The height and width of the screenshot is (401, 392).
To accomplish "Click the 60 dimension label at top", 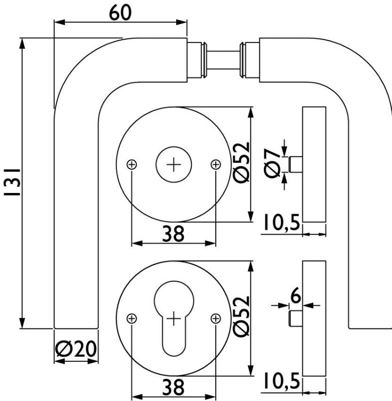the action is pos(120,13).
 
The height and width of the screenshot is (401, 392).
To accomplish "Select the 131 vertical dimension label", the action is pos(12,182).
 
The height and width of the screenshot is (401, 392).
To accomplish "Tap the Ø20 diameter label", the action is pos(76,349).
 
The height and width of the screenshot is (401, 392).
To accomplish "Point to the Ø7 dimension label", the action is pos(272,163).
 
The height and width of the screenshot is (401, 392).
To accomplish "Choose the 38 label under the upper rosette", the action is pos(173,234).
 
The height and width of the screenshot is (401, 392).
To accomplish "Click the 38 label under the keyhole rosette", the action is pos(173,387).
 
